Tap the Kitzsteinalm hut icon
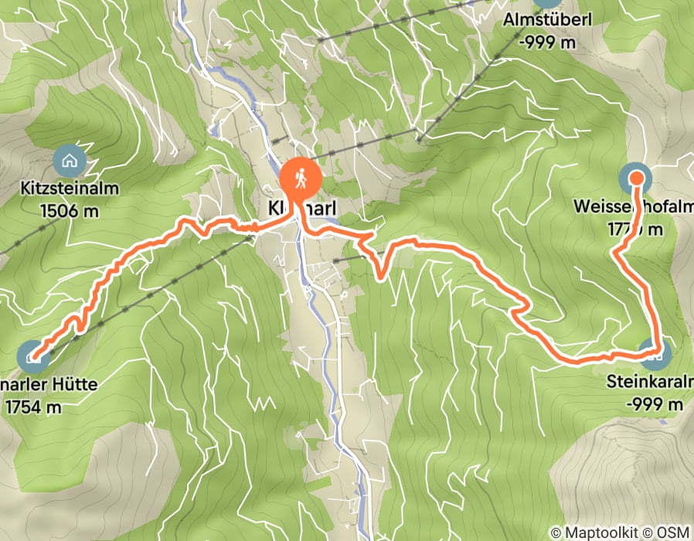pos(70,161)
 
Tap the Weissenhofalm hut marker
pos(636,179)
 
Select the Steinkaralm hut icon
pos(656,355)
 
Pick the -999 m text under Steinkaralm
pos(655,404)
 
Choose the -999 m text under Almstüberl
pos(548,43)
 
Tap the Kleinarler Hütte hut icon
pos(33,356)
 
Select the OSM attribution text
pos(673,532)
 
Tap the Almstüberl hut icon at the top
pos(547,3)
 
